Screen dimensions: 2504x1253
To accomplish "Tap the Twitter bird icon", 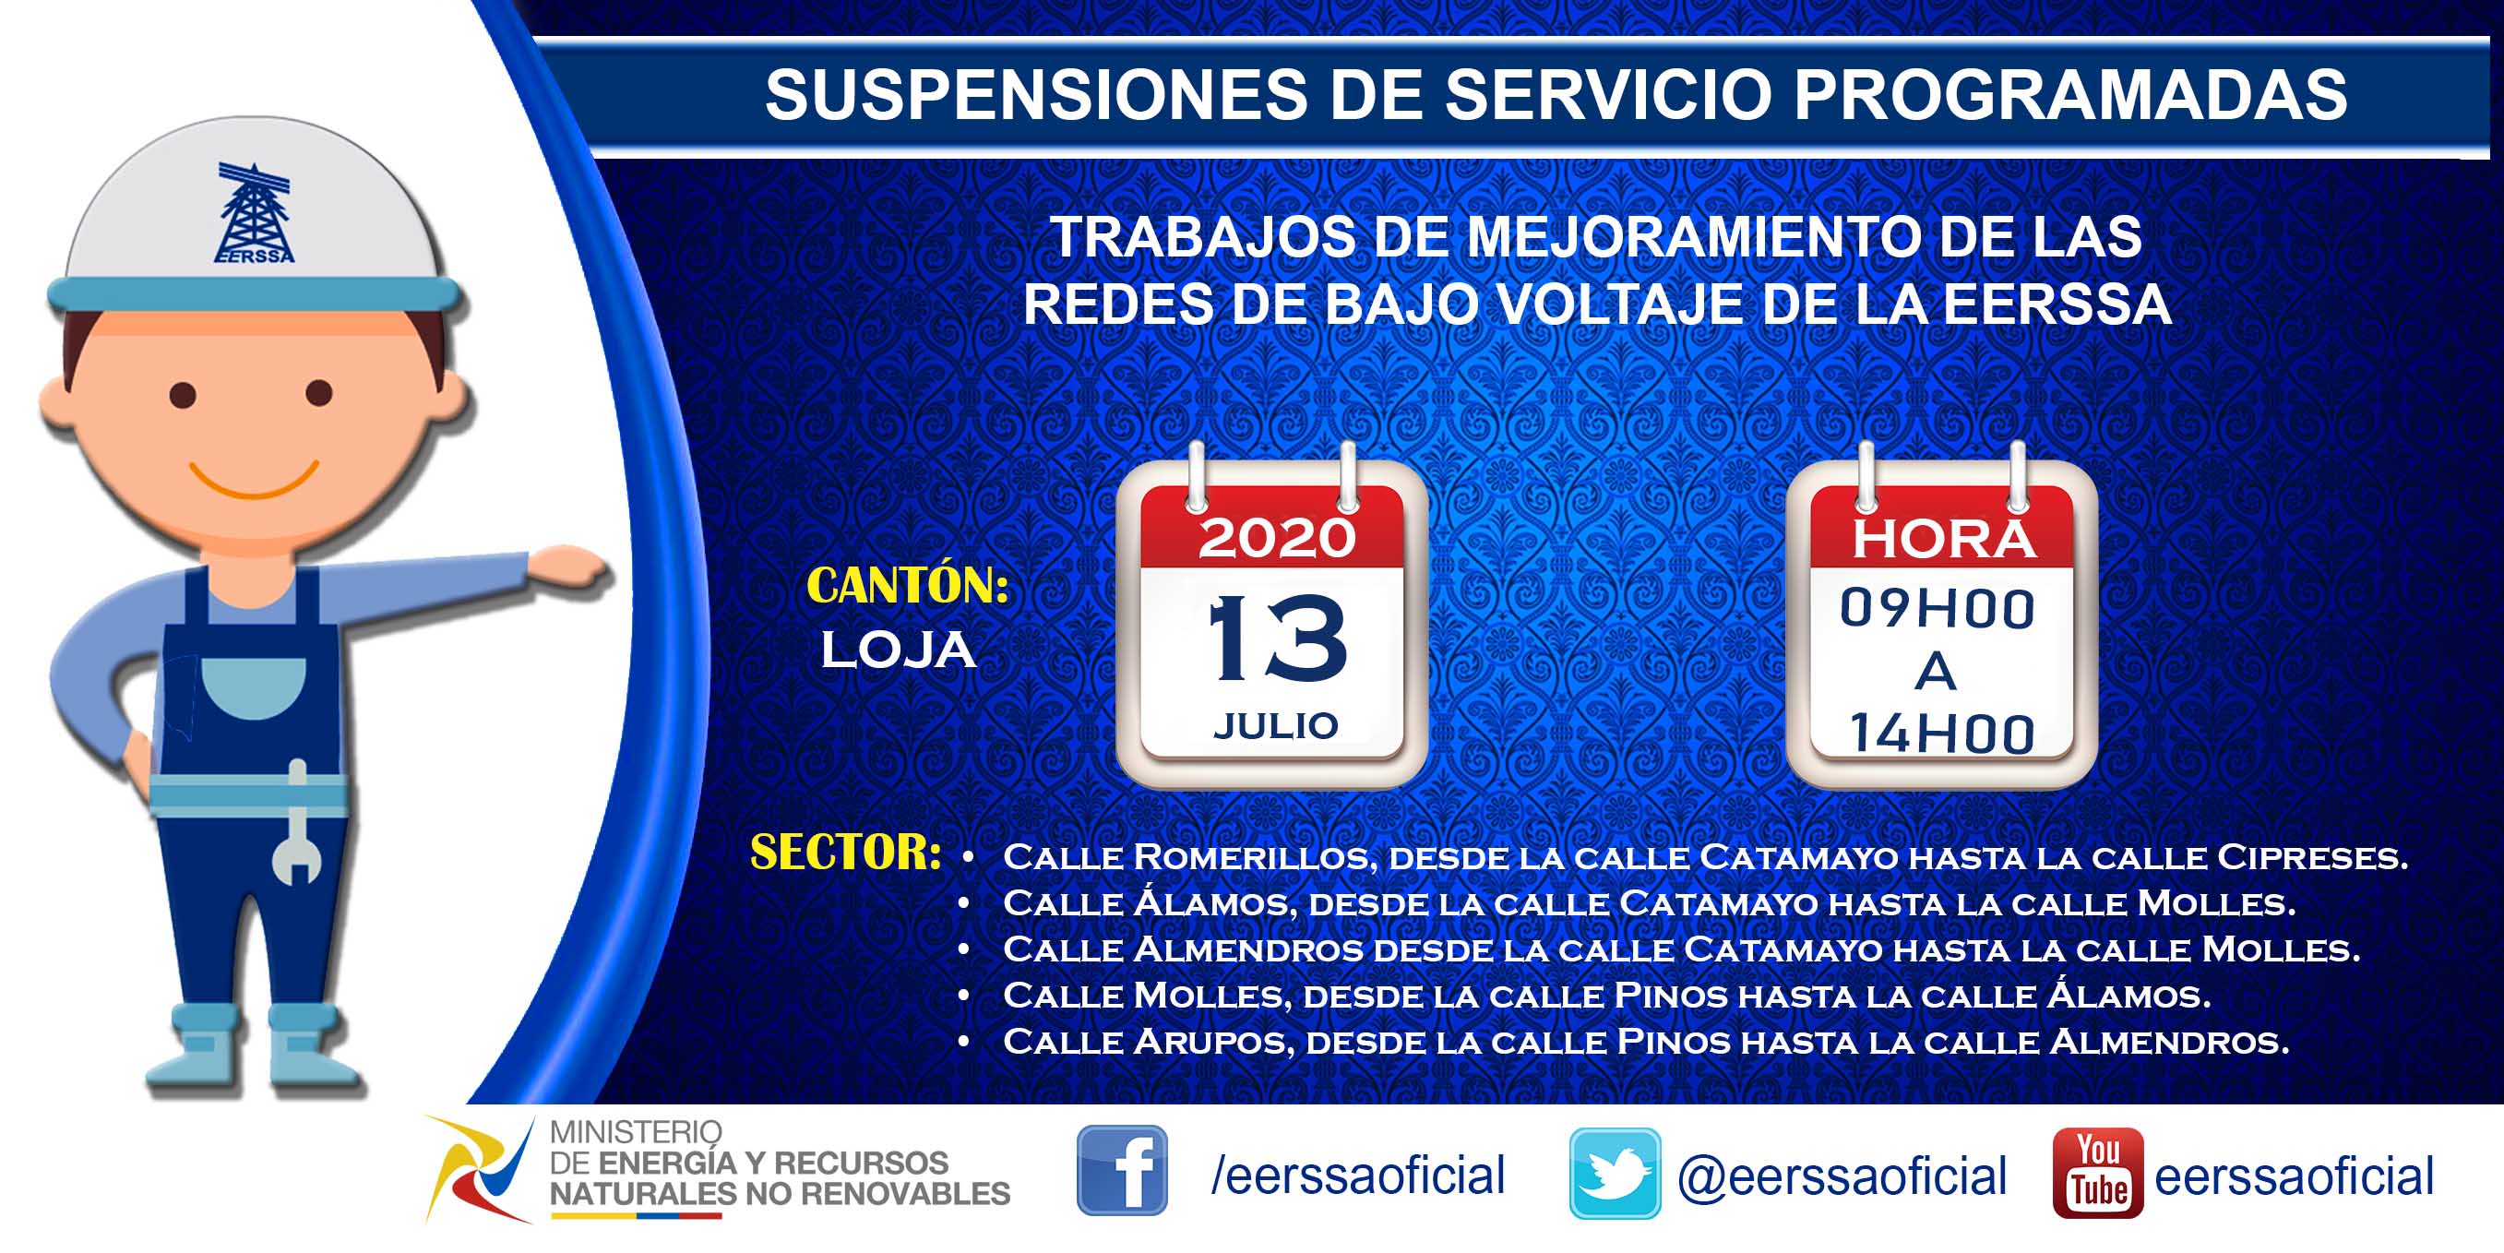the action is [1615, 1174].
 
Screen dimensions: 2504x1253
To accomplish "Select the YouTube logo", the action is [2098, 1173].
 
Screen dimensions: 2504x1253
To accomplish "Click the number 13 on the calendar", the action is [1277, 638].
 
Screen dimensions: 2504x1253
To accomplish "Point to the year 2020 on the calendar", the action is [1276, 538].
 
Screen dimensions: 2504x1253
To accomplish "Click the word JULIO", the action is [1275, 726].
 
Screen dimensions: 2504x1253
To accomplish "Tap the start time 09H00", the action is [1937, 610].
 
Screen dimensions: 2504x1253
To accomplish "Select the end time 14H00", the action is [1941, 734].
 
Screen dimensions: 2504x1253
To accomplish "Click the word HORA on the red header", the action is [1943, 540].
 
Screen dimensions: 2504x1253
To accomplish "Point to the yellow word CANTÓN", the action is [908, 585].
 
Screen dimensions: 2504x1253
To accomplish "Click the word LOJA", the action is [899, 650].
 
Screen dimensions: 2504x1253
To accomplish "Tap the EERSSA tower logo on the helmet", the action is [255, 213].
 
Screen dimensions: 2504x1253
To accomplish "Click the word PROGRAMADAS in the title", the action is [2070, 94].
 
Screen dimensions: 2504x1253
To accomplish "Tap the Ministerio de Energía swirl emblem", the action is [479, 1168].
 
